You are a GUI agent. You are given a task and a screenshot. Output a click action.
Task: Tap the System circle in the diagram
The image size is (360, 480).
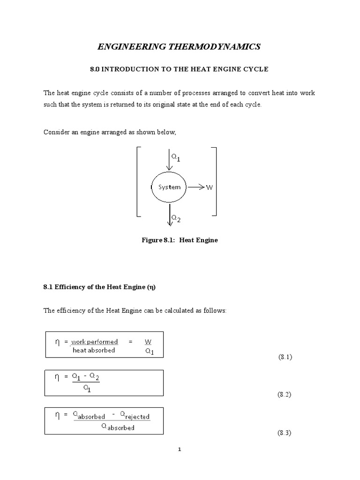coord(169,187)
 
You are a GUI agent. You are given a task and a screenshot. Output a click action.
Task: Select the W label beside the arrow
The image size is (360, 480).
coord(209,187)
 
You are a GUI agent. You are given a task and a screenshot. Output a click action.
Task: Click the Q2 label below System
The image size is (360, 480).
coord(175,218)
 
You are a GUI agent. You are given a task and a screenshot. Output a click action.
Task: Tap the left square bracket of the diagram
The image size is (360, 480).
coord(138,181)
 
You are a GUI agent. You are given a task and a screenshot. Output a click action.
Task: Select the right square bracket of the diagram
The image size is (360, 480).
coord(215,181)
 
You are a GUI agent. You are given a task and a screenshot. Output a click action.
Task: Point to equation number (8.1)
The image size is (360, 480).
coord(285,357)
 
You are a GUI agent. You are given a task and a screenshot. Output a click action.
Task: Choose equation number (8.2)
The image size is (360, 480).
coord(285,395)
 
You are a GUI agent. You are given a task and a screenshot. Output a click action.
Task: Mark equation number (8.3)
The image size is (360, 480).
coord(285,433)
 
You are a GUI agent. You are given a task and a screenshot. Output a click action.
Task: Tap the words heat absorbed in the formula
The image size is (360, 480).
coord(94,350)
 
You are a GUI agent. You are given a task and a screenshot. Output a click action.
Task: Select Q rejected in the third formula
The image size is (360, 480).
coord(135,416)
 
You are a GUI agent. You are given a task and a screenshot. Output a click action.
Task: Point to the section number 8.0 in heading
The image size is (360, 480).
coord(95,69)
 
